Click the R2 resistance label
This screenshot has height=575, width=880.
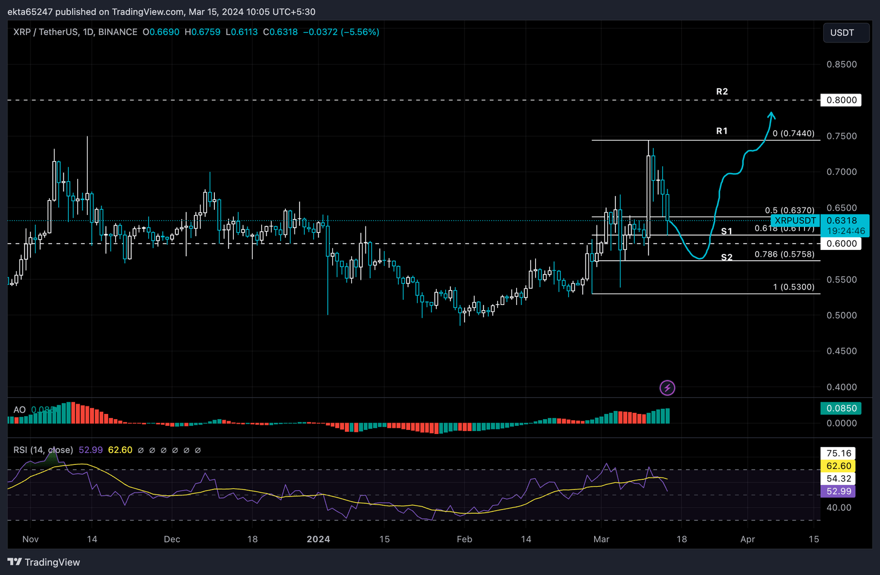(722, 92)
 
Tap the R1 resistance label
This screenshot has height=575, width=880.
(722, 131)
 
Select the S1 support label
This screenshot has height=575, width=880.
(726, 232)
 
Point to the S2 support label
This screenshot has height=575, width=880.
(726, 257)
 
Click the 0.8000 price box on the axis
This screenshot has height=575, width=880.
(841, 100)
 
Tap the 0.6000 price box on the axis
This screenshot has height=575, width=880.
(841, 244)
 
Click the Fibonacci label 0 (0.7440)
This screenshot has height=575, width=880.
(793, 134)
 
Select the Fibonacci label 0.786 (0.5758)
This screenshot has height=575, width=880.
(784, 255)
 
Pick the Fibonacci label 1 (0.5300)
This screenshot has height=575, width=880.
(793, 287)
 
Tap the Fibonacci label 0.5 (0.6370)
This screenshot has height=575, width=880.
(789, 210)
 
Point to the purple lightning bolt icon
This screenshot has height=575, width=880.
(667, 388)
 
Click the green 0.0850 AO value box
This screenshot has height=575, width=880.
(841, 409)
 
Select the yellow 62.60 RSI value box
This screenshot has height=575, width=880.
(839, 466)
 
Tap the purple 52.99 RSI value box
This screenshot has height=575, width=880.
(839, 491)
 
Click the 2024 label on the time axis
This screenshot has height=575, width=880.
(319, 539)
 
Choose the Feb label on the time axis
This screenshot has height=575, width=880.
(464, 539)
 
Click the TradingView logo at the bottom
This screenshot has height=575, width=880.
(44, 562)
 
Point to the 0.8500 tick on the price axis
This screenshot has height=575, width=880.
(841, 65)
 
